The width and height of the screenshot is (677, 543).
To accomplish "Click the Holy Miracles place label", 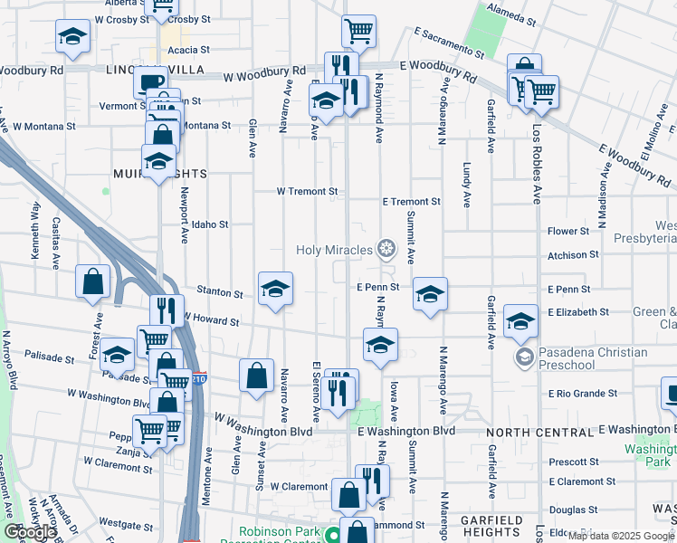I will (335, 250).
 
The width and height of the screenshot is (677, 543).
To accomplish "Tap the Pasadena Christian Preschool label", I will (593, 358).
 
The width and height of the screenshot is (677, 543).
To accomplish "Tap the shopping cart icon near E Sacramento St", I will (359, 32).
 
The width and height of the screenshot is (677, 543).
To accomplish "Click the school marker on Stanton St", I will (275, 290).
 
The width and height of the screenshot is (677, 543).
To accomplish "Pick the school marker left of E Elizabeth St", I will (521, 321).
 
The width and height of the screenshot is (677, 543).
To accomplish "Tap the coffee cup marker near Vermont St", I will (150, 82).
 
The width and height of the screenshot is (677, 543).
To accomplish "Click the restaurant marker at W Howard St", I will (167, 310).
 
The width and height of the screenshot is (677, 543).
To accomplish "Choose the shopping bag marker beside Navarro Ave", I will (257, 376).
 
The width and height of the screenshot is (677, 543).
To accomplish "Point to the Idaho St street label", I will (210, 224).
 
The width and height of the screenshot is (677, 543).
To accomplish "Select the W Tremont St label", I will (307, 192).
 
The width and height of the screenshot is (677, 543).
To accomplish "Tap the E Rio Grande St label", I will (582, 394).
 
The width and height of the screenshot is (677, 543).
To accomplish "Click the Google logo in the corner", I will (30, 533).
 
